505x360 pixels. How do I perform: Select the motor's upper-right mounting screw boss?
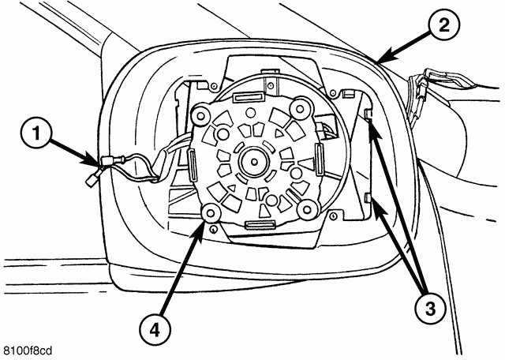(x=299, y=105)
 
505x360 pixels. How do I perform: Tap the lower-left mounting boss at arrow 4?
(x=211, y=212)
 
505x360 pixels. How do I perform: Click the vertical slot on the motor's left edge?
(x=191, y=165)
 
